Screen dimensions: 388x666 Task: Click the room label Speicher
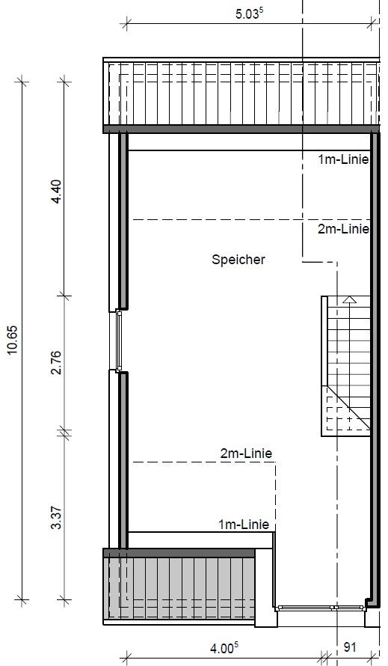[238, 260]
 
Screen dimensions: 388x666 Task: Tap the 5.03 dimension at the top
[249, 13]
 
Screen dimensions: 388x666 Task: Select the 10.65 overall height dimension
[12, 340]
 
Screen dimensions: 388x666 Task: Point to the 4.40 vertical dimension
[56, 192]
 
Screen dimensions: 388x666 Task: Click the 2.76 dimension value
[56, 363]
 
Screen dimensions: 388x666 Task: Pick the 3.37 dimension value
[56, 518]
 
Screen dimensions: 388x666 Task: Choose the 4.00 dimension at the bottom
[224, 649]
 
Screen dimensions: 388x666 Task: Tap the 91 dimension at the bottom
[349, 647]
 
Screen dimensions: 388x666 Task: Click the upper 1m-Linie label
[343, 159]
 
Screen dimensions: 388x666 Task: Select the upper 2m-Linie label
[343, 229]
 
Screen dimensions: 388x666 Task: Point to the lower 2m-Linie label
[246, 453]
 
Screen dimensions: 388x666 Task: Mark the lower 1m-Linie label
[244, 525]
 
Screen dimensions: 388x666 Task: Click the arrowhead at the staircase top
[349, 300]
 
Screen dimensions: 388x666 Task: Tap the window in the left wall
[119, 340]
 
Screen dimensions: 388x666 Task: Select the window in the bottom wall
[320, 608]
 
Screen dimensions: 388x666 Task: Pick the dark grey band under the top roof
[241, 129]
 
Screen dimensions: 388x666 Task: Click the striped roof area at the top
[241, 94]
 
